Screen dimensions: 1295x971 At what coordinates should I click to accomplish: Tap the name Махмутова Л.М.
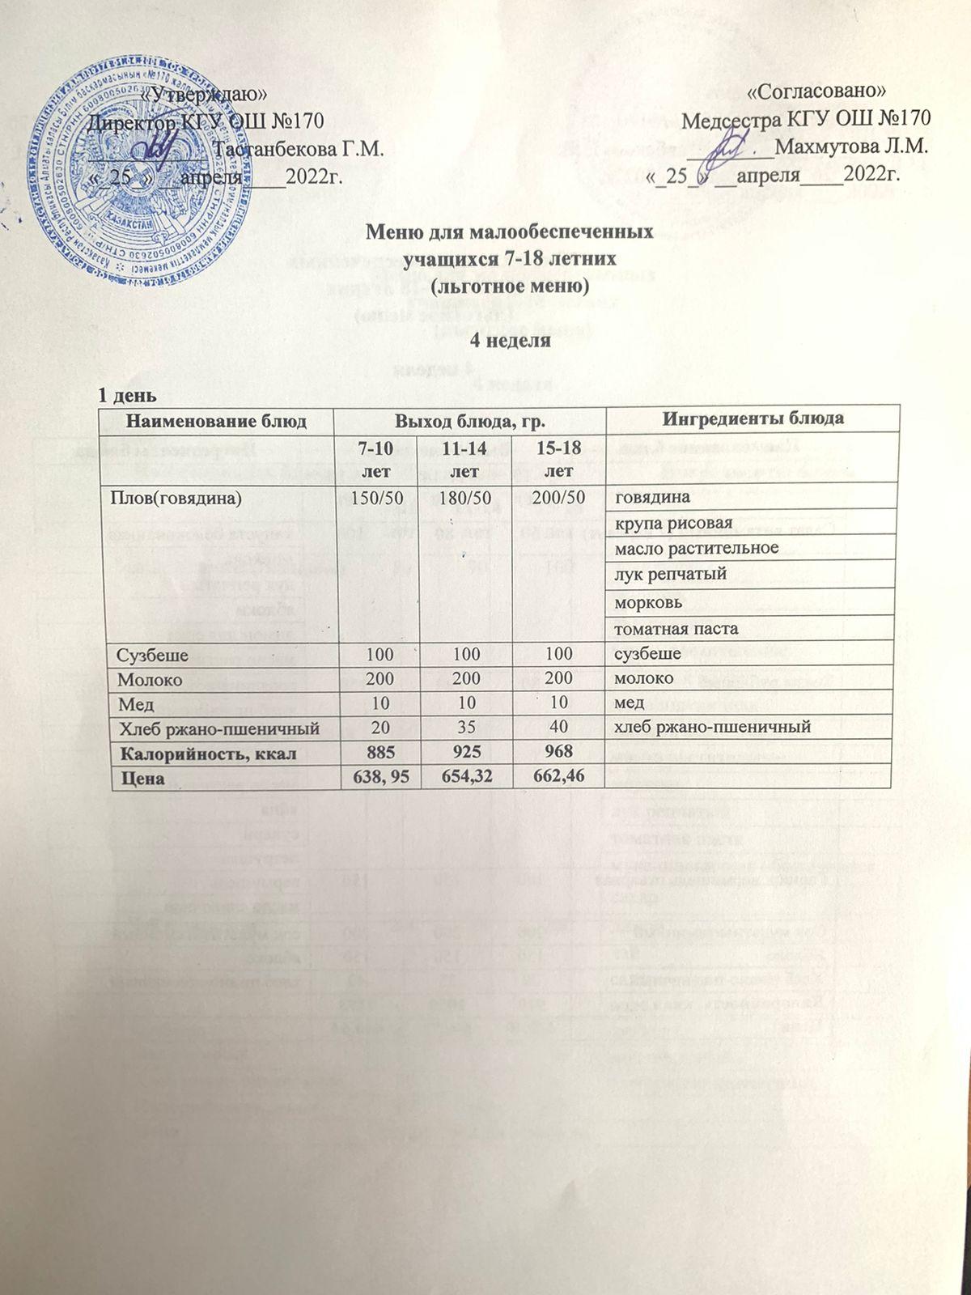pyautogui.click(x=850, y=149)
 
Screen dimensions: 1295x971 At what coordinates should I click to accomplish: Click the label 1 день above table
pyautogui.click(x=122, y=397)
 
